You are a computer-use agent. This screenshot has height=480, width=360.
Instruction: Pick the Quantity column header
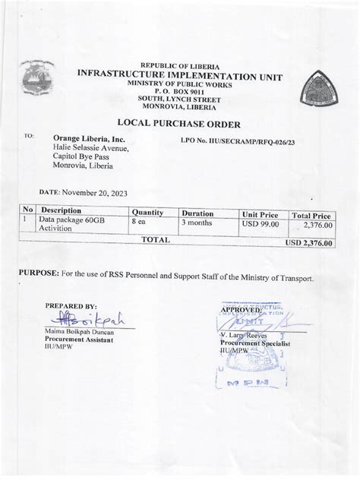point(148,212)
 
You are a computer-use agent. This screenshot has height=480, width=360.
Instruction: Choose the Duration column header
point(197,213)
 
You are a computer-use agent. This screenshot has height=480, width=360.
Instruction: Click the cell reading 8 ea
point(138,222)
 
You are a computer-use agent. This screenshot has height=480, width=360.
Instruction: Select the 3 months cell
point(199,223)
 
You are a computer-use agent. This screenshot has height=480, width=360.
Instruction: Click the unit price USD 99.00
point(261,223)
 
